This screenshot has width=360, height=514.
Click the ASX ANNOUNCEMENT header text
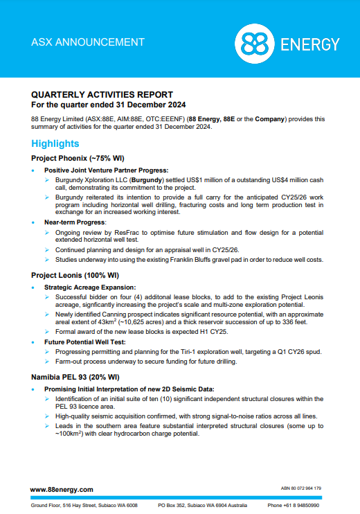click(88, 42)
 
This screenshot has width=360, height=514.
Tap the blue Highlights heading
click(55, 143)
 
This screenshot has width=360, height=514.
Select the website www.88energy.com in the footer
click(62, 489)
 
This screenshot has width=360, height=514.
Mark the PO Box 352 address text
click(177, 505)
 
